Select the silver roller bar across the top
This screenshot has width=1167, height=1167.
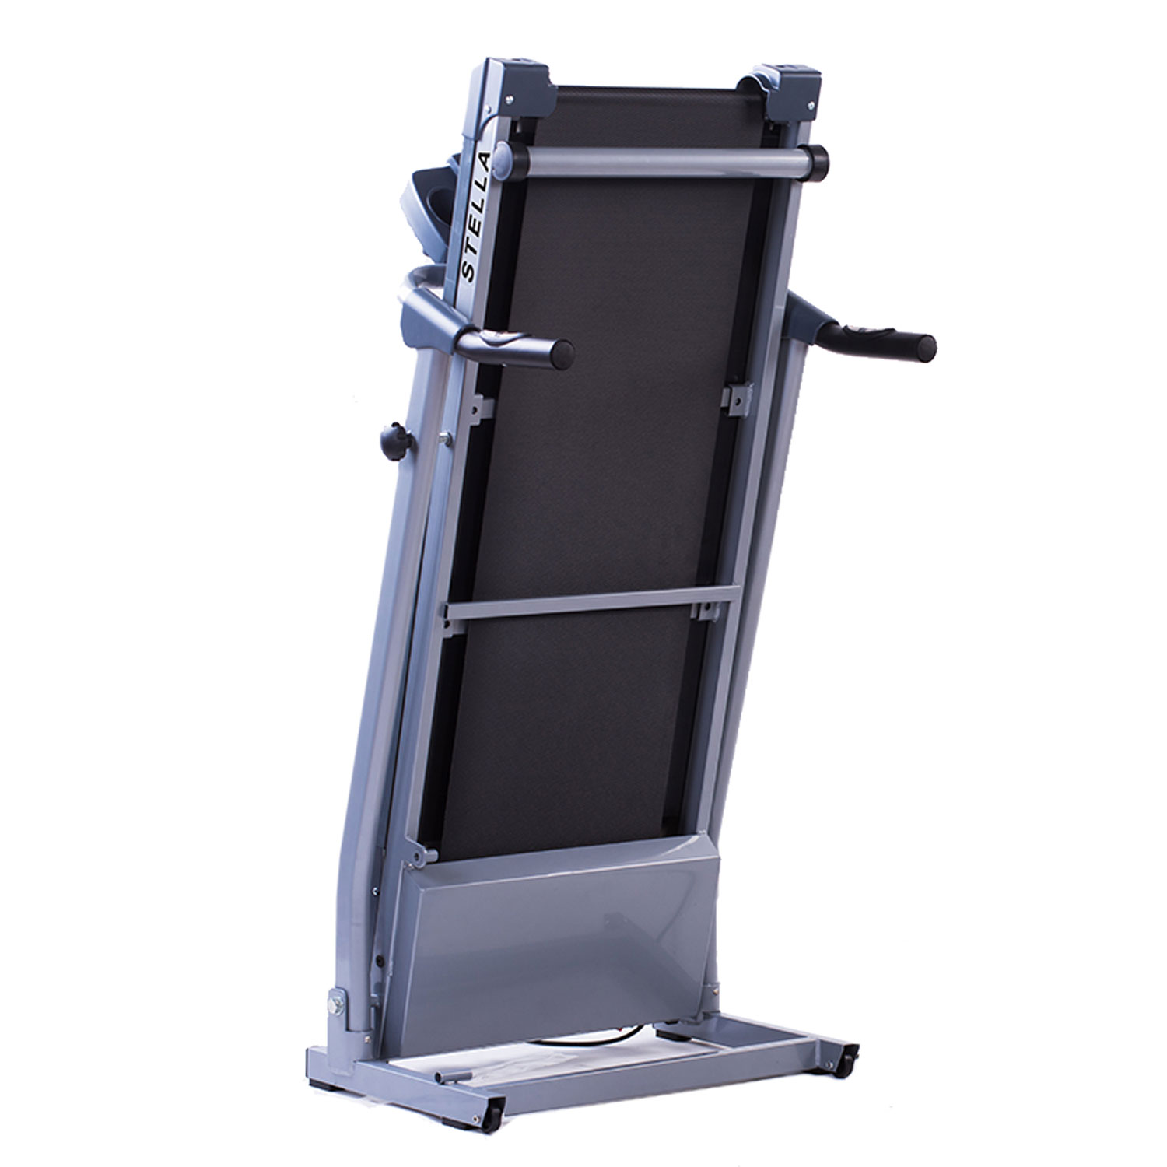[x=662, y=159]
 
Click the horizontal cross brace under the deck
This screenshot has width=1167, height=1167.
[x=591, y=604]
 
